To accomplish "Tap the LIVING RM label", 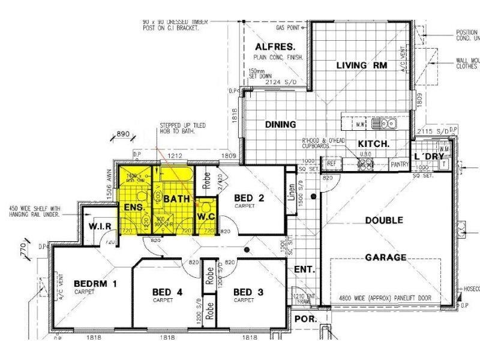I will [361, 65].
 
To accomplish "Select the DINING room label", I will [281, 125].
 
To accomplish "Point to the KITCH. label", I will [374, 144].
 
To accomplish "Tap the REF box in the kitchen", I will [331, 163].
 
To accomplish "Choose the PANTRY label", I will [399, 163].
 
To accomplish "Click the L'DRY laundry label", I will [428, 157].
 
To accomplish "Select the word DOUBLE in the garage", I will [384, 220].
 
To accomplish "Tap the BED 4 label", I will [163, 292].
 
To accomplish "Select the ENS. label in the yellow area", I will [132, 207].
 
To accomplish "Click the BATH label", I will [177, 198].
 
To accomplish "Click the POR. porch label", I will [305, 319].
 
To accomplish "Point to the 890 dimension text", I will [124, 134].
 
